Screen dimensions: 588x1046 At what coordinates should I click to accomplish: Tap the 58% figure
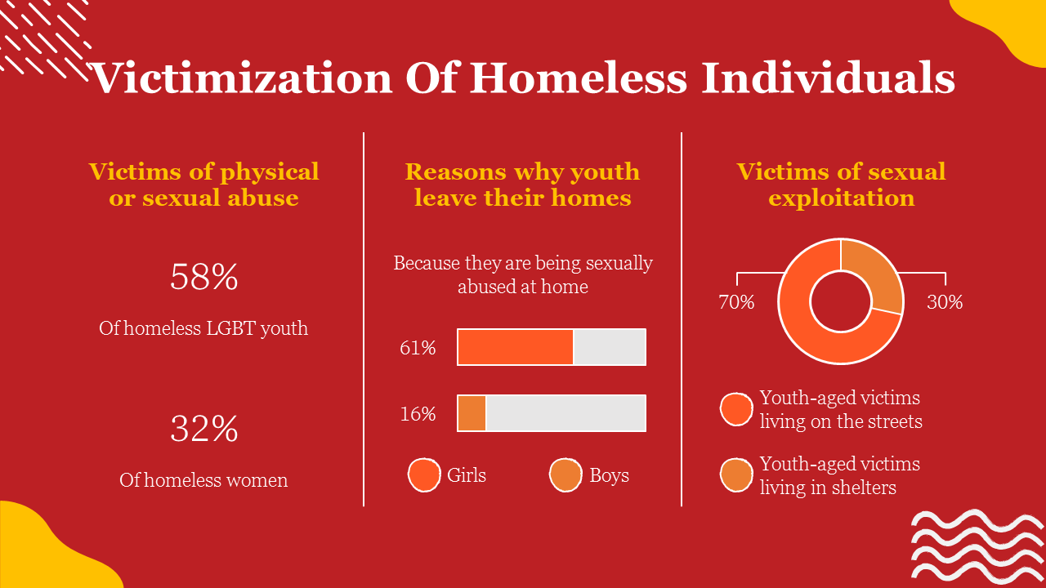[203, 278]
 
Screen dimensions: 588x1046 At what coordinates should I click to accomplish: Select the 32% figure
[203, 429]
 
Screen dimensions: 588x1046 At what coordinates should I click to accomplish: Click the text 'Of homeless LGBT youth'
[203, 328]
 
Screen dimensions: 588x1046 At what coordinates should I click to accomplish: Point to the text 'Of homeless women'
[203, 480]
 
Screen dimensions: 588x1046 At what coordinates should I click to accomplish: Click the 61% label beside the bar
[418, 348]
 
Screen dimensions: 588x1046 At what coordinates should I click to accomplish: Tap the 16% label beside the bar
[418, 414]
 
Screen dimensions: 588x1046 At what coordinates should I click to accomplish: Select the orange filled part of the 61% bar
[515, 347]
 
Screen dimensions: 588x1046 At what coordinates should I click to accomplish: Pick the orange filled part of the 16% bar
[472, 413]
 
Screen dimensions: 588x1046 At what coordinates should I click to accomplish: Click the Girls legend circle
[424, 475]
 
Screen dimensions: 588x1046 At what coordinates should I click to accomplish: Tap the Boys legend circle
[565, 475]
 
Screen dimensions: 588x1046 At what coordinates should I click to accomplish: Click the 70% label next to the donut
[736, 302]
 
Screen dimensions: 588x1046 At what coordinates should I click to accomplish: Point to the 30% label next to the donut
[945, 302]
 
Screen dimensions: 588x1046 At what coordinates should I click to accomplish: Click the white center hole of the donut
[840, 302]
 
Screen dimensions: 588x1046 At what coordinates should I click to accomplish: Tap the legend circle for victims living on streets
[736, 409]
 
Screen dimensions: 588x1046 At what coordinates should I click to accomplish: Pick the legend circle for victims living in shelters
[736, 476]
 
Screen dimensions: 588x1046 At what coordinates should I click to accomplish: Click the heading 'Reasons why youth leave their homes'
[522, 185]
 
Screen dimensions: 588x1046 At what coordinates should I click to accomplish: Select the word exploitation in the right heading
[841, 198]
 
